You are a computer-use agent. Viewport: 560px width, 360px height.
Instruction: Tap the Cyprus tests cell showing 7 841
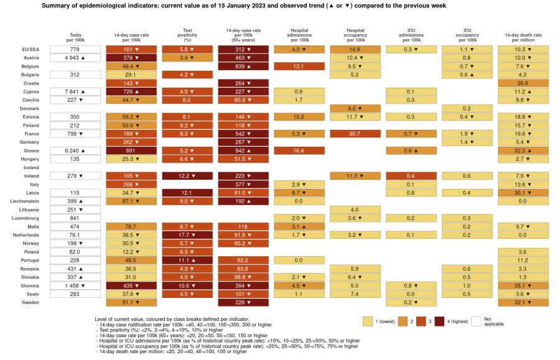point(75,91)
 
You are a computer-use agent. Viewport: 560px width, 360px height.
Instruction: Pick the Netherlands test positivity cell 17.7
point(187,236)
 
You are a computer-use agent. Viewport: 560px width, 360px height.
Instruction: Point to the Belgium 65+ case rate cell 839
point(243,66)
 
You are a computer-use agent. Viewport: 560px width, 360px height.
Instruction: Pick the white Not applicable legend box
point(477,321)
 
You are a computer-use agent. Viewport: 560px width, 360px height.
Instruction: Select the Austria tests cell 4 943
point(75,57)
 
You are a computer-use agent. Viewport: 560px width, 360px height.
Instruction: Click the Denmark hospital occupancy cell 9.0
point(355,108)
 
